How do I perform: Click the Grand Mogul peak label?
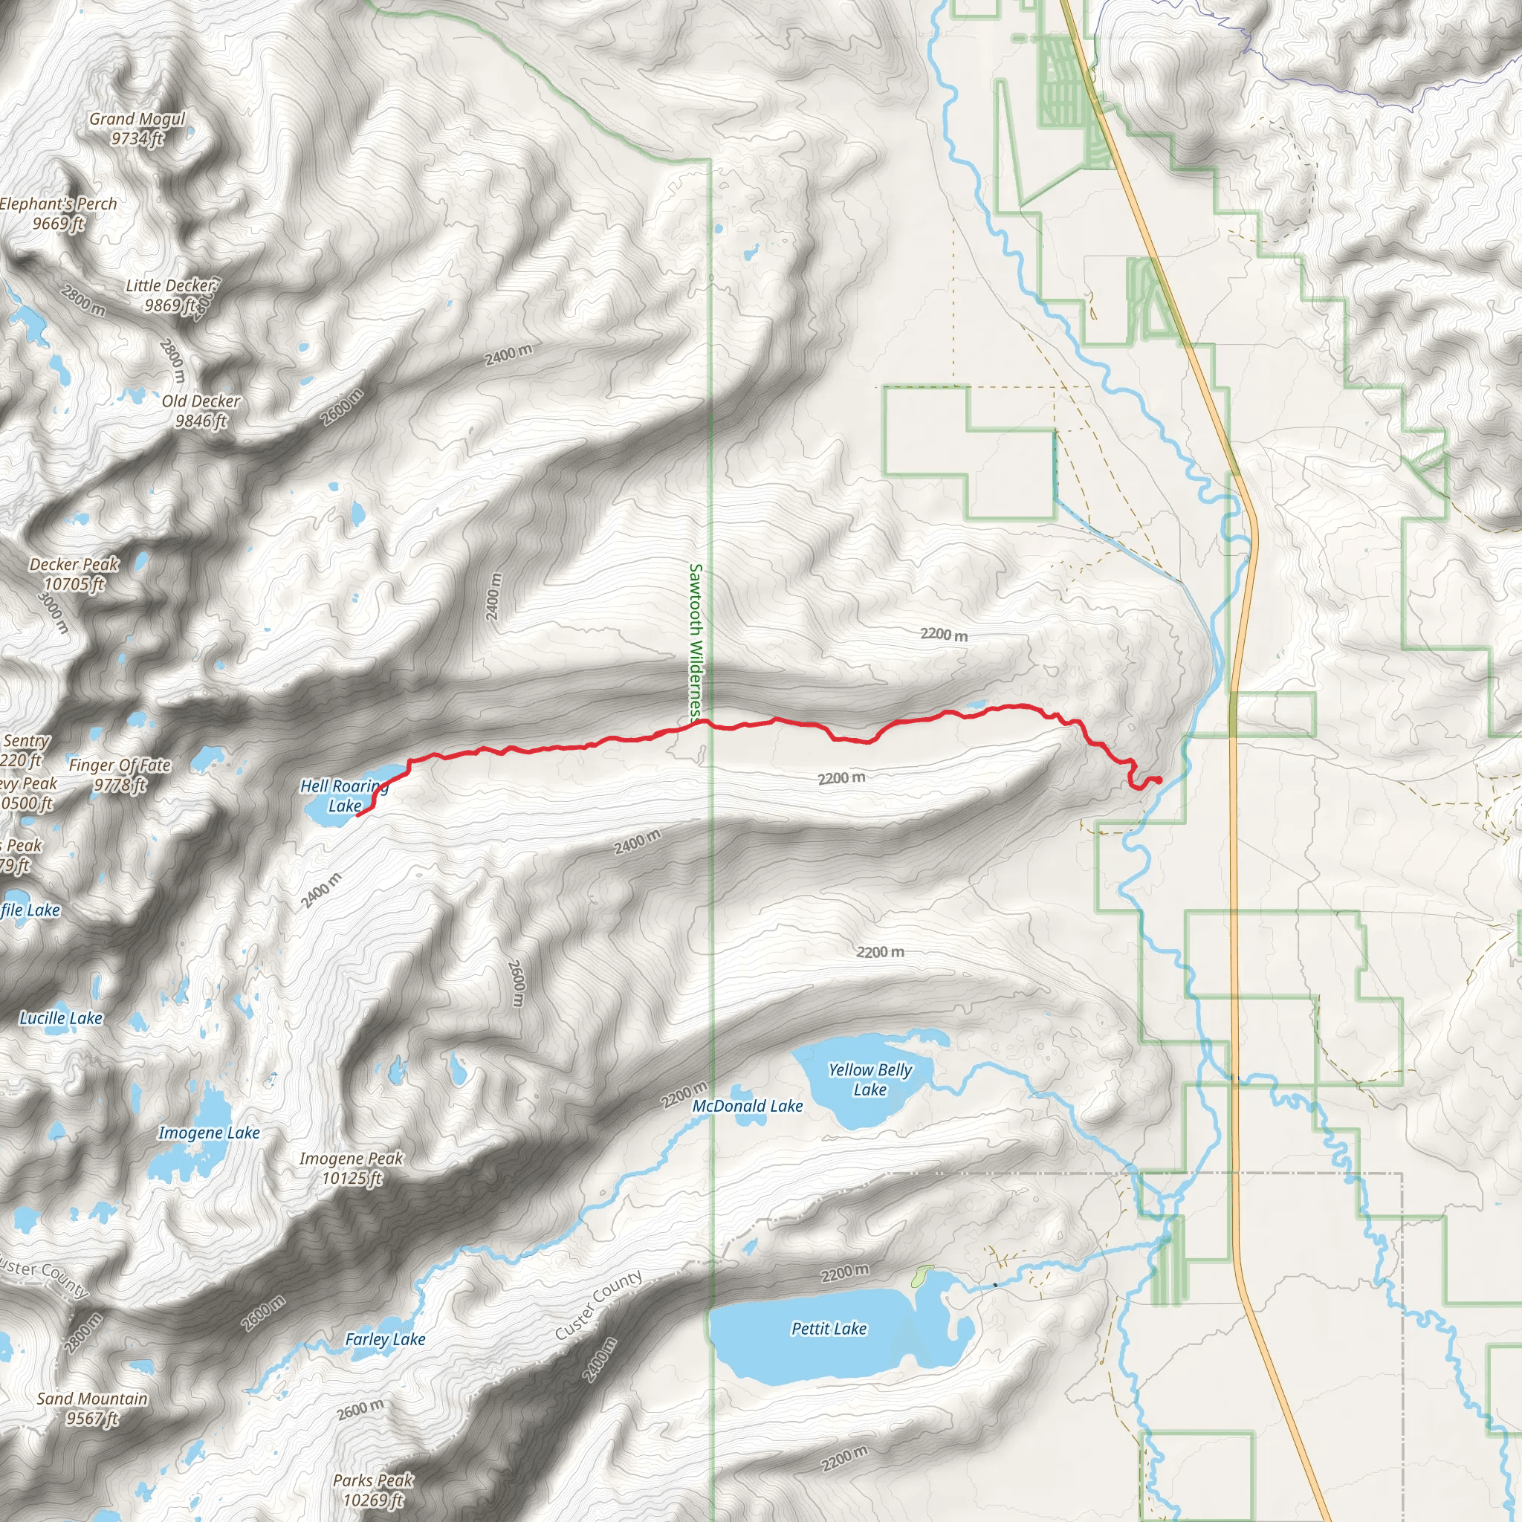click(137, 129)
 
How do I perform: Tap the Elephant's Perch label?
click(58, 213)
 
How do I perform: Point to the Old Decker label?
click(201, 410)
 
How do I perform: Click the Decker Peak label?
click(74, 574)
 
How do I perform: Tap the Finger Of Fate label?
click(120, 774)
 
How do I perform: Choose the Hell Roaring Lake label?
click(344, 796)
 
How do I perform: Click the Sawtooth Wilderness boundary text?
click(696, 642)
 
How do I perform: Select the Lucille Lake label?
click(62, 1018)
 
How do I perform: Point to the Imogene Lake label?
click(209, 1133)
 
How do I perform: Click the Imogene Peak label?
click(352, 1168)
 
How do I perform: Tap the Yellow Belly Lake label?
click(870, 1079)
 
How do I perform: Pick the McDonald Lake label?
click(748, 1106)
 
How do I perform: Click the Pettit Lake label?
click(829, 1329)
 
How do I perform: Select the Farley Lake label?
click(385, 1339)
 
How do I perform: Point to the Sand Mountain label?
click(92, 1408)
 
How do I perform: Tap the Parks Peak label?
click(372, 1490)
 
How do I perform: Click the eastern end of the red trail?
click(1159, 780)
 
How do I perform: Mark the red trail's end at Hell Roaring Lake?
click(357, 815)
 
